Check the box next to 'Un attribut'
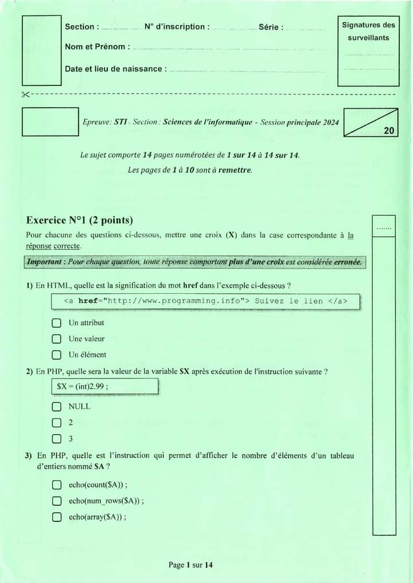pyautogui.click(x=56, y=323)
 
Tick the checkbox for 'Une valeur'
pyautogui.click(x=56, y=339)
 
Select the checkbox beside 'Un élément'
pyautogui.click(x=56, y=355)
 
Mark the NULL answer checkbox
pyautogui.click(x=56, y=407)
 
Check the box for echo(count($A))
pyautogui.click(x=56, y=485)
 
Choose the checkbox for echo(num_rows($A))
pyautogui.click(x=56, y=501)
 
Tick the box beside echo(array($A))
pyautogui.click(x=56, y=517)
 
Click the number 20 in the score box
pyautogui.click(x=389, y=131)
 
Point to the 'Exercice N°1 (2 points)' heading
pyautogui.click(x=80, y=220)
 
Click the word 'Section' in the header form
pyautogui.click(x=79, y=27)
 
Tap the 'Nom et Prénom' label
pyautogui.click(x=95, y=47)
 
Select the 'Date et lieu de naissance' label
pyautogui.click(x=114, y=69)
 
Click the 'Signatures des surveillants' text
pyautogui.click(x=368, y=31)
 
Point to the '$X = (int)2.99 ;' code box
pyautogui.click(x=104, y=387)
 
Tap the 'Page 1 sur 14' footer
pyautogui.click(x=190, y=565)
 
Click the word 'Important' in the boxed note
pyautogui.click(x=44, y=262)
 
